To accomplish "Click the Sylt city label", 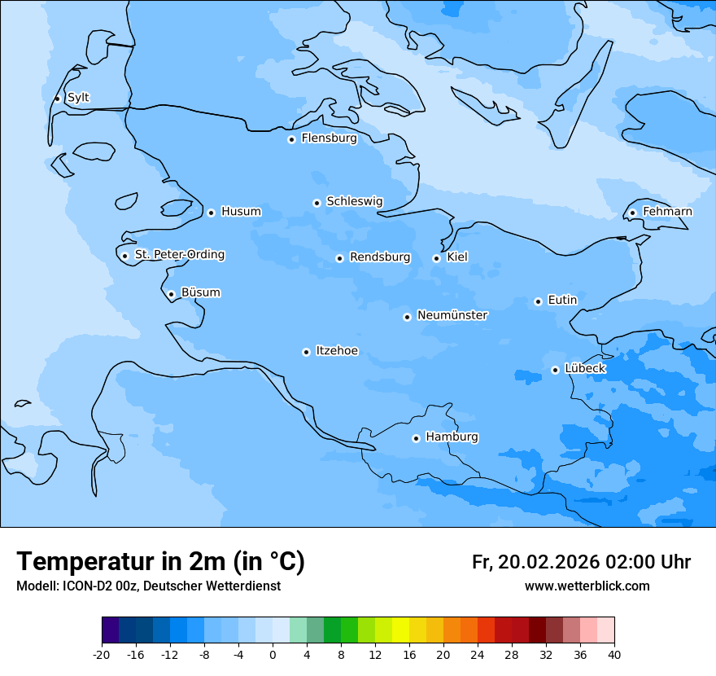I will coord(78,98).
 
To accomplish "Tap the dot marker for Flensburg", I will coord(291,139).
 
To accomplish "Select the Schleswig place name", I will coord(354,201).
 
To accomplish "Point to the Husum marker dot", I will coord(211,213).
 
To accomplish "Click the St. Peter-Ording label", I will coord(179,255).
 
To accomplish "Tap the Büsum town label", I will coord(200,292).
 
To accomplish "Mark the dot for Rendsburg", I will coord(339,258).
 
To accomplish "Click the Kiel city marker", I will coord(436,258).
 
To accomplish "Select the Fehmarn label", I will coord(667,212).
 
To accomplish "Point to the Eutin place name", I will coord(562,300).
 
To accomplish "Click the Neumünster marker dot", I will coord(407,317).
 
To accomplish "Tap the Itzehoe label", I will coord(337,351).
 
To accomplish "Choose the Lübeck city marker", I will coord(555,370).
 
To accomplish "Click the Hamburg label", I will coord(452,437).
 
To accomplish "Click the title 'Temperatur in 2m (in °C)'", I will coord(160,561).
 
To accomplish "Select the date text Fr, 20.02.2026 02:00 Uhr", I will coord(581,562).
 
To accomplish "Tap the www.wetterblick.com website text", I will coord(587,586).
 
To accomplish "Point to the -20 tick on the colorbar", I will coord(102,654).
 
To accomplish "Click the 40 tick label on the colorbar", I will coord(613,654).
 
